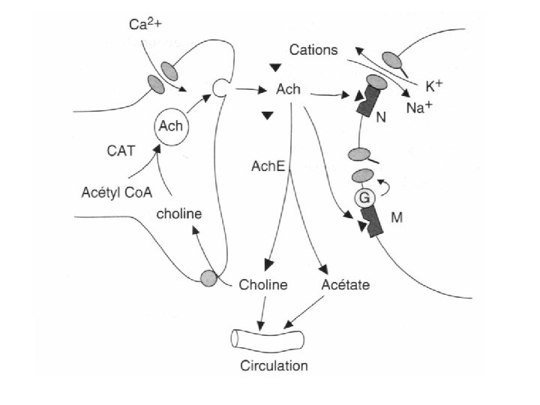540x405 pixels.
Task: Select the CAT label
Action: point(120,151)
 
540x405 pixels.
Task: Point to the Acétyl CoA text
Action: point(116,192)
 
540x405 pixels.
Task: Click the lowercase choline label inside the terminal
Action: point(179,214)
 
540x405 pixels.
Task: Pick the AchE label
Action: point(268,166)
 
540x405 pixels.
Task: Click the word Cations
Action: point(314,51)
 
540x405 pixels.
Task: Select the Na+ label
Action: point(419,108)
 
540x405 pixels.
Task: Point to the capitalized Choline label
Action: point(263,285)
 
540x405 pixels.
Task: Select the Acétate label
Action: point(345,285)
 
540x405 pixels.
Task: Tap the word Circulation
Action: point(274,367)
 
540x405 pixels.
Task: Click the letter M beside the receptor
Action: point(397,219)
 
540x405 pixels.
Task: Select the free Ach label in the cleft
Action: point(288,90)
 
